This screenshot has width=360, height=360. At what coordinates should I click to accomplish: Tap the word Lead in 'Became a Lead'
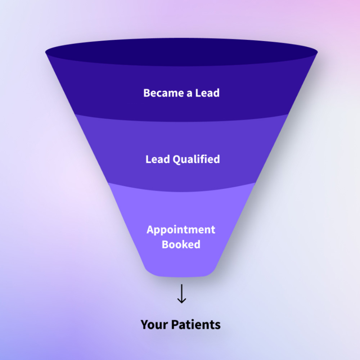coord(207,93)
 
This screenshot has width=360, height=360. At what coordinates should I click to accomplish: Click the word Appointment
coord(181,230)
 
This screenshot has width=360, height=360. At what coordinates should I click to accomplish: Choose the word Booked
coord(181,244)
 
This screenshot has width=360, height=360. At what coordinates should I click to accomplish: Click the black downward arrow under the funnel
coord(181,293)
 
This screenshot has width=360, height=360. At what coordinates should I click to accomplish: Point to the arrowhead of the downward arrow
coord(181,300)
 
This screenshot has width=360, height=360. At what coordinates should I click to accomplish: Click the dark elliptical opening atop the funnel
coord(181,52)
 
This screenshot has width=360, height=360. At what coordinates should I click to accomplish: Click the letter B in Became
coord(147,93)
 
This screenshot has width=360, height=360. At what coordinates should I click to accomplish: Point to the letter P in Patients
coord(174,325)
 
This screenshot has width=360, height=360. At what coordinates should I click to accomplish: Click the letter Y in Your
coord(144,325)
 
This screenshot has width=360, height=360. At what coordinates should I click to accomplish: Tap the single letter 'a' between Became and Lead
coord(189,94)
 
